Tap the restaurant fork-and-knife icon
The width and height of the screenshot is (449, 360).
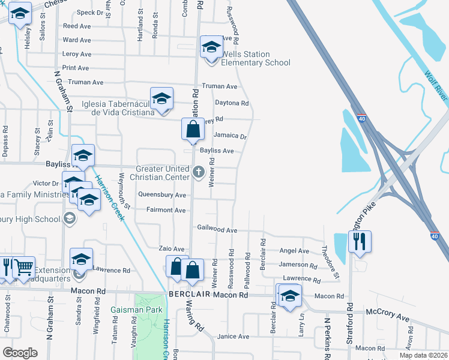tap(360, 242)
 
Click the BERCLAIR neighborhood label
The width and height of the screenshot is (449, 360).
tap(190, 296)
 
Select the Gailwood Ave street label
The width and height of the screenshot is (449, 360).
tap(218, 230)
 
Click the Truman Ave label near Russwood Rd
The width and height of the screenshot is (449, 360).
tap(220, 86)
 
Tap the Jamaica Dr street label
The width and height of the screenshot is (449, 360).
tap(231, 136)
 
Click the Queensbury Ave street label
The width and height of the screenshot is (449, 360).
tap(162, 195)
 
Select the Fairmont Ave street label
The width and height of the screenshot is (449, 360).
tap(166, 210)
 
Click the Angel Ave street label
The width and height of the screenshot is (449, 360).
tap(294, 251)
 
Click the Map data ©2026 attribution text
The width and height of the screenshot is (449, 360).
tap(423, 355)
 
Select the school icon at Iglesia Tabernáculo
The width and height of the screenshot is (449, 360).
tap(161, 99)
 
